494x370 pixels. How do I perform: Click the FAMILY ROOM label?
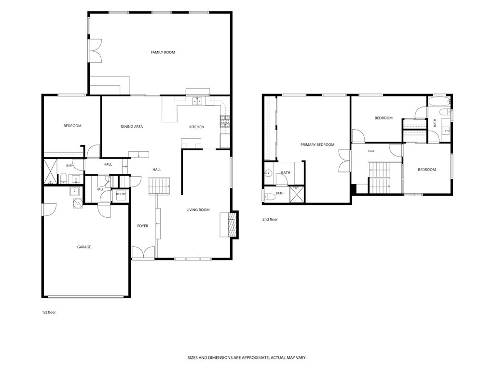pos(163,52)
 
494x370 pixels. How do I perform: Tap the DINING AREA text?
pos(132,127)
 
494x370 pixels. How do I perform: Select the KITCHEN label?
pos(196,127)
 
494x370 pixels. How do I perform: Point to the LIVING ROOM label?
pos(198,210)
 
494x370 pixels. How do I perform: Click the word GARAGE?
pos(84,247)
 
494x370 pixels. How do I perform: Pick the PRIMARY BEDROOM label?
pos(317,145)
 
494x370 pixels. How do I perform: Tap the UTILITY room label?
pos(121,194)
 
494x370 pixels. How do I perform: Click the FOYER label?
pos(143,226)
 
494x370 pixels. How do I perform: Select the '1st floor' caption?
pos(49,312)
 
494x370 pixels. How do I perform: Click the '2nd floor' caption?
pos(270,219)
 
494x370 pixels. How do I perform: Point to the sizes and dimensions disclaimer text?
pos(247,358)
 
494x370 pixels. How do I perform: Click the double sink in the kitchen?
pos(197,101)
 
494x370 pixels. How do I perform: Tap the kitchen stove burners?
pos(225,121)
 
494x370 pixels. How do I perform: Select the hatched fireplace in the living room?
pos(232,225)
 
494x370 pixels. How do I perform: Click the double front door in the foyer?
pos(143,252)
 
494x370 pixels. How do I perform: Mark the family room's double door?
pos(96,51)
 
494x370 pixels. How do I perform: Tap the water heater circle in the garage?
pos(78,204)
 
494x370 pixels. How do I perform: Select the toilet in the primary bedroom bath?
pos(270,197)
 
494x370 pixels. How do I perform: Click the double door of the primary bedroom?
pos(344,160)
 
